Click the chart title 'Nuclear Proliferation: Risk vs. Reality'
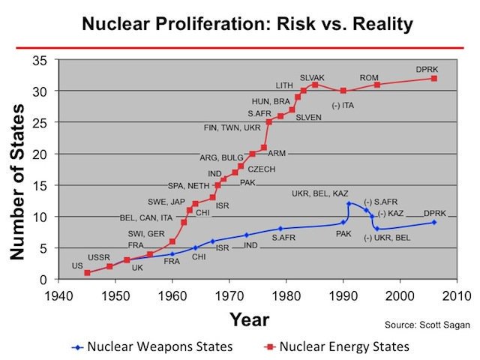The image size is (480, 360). click(240, 24)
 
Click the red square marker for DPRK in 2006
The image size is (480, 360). click(434, 78)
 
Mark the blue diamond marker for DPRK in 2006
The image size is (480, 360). click(434, 222)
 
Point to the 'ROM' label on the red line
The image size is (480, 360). click(369, 77)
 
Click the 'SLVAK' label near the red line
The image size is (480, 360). click(313, 77)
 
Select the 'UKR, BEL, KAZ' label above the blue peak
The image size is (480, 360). click(319, 194)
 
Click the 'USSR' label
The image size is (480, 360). click(99, 257)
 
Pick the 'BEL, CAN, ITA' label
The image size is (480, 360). click(146, 218)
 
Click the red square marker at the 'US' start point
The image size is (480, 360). click(87, 273)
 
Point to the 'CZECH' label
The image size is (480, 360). click(261, 169)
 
